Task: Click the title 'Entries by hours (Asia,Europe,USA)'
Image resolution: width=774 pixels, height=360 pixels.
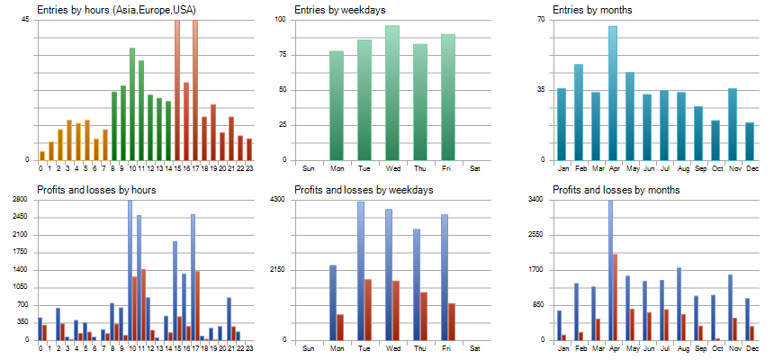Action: click(x=116, y=10)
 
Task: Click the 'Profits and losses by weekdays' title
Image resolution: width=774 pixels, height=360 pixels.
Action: click(x=364, y=190)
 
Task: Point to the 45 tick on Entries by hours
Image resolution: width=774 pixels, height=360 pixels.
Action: click(x=25, y=19)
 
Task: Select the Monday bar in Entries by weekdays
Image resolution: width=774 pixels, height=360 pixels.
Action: click(x=337, y=105)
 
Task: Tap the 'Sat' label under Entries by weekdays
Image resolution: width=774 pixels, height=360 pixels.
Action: click(x=475, y=168)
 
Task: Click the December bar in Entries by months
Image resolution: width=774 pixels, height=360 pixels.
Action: click(x=750, y=141)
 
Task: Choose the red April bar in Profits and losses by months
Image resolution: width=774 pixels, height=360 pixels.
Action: click(x=616, y=297)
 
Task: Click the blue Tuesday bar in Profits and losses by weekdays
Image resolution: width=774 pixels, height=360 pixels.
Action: click(x=361, y=270)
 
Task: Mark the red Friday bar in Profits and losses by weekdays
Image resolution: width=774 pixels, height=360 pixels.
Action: click(x=452, y=321)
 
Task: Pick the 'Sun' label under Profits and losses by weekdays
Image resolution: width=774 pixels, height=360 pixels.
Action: click(x=309, y=348)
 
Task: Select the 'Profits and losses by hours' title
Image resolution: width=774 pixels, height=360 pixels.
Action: click(x=97, y=190)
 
